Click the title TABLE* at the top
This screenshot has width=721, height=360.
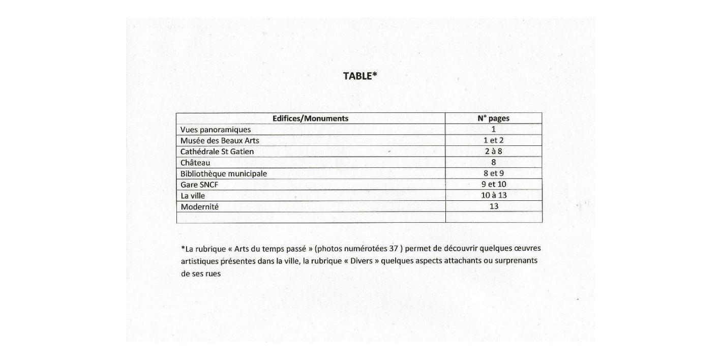coord(360,76)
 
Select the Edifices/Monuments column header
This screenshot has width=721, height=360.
coord(310,118)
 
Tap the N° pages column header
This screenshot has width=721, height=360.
coord(493,118)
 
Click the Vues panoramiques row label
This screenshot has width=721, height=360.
coord(216,130)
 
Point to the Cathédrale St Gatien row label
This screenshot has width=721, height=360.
coord(217,152)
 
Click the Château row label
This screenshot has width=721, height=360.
coord(195,163)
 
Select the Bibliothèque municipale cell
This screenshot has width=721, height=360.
coord(224,174)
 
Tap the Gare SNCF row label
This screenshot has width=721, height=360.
coord(199,185)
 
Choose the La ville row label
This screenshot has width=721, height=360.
coord(193,196)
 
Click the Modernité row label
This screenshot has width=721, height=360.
coord(200,207)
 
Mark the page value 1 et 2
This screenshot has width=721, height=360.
coord(494,140)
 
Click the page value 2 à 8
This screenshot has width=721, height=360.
coord(494,152)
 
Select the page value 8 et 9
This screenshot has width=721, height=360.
coord(494,173)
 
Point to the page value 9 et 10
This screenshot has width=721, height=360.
coord(494,185)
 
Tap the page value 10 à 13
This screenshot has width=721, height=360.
coord(494,195)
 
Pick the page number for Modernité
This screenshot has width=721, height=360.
coord(494,206)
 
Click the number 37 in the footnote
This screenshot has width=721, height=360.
coord(393,249)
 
